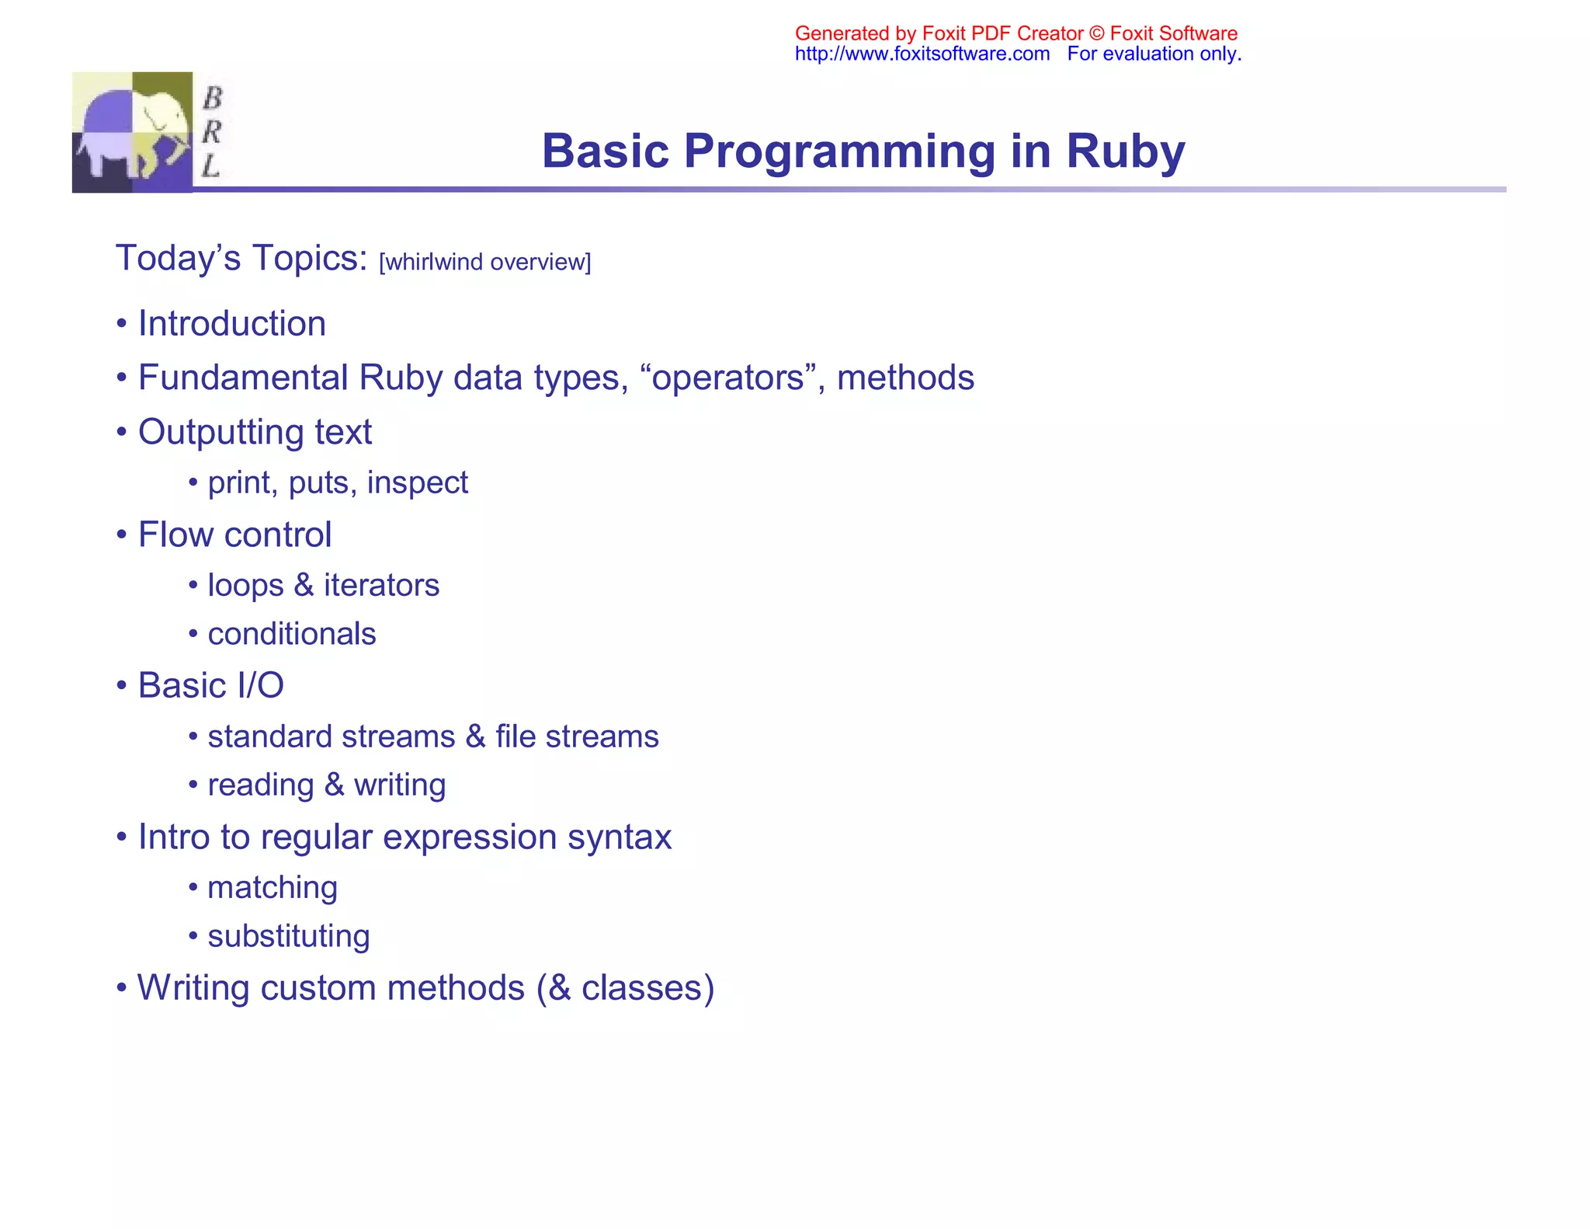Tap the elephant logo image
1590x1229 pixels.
click(x=132, y=132)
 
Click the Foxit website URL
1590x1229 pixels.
click(x=922, y=54)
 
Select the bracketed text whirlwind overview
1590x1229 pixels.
click(x=485, y=262)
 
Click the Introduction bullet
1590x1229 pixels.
click(x=231, y=323)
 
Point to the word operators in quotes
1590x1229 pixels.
click(x=727, y=378)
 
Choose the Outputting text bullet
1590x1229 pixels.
click(x=255, y=432)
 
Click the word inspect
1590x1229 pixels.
click(x=417, y=482)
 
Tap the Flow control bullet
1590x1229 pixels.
click(x=234, y=534)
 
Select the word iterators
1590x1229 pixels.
click(x=381, y=585)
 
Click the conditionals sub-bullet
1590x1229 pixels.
click(x=292, y=634)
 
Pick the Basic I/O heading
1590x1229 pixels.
click(x=210, y=685)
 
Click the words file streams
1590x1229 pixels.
click(x=577, y=736)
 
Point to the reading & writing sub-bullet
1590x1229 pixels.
click(x=327, y=785)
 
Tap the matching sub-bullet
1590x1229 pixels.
click(x=273, y=887)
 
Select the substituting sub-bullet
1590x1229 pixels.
click(x=289, y=936)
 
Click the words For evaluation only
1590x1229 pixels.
click(x=1154, y=54)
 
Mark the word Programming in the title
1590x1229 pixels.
click(x=839, y=151)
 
